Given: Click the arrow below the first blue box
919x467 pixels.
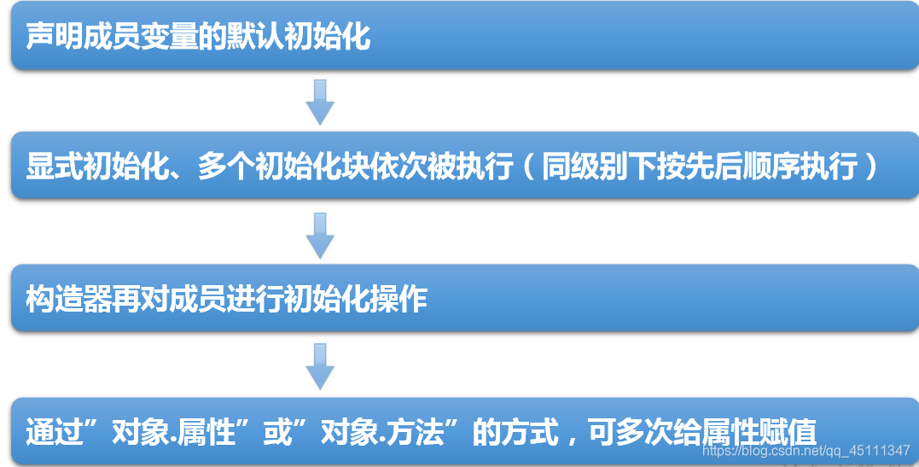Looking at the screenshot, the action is [x=320, y=102].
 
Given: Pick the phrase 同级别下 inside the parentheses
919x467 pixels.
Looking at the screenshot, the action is [x=598, y=166].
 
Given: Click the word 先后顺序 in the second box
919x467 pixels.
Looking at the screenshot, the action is [x=742, y=166].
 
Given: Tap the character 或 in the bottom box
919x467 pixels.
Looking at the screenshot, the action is [x=277, y=432].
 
